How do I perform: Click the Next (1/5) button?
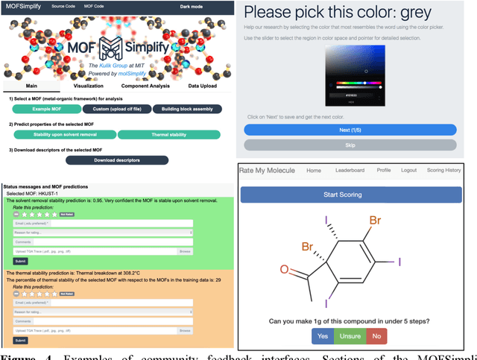[x=350, y=129]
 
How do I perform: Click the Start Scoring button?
[x=350, y=195]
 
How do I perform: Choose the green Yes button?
[x=323, y=336]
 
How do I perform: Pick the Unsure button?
[x=350, y=336]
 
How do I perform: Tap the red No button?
[x=377, y=336]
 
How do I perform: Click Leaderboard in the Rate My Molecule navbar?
[x=350, y=170]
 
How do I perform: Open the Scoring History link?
[x=443, y=170]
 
